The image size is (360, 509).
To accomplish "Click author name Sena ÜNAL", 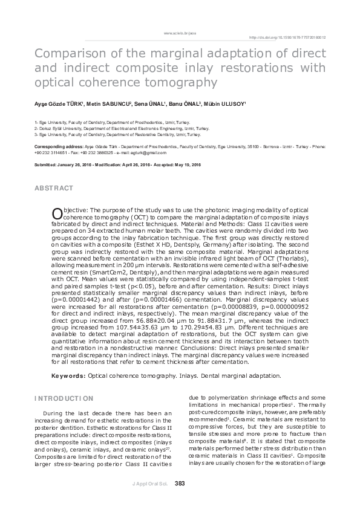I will [145, 105].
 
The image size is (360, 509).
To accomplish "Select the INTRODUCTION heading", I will [64, 398].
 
